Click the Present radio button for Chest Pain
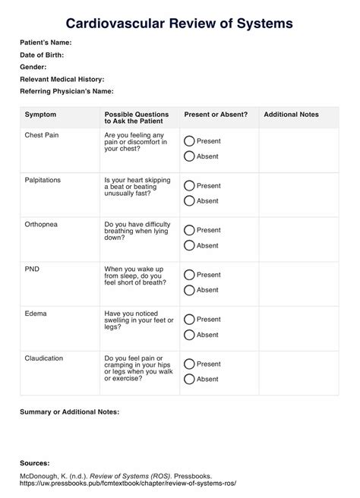click(189, 141)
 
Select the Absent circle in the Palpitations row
click(189, 201)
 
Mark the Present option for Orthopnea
click(189, 230)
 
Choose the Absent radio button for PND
click(189, 290)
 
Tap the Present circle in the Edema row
click(189, 320)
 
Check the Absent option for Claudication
click(189, 379)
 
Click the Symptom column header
click(40, 114)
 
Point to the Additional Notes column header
click(291, 114)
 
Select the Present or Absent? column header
click(216, 114)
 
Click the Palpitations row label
click(43, 180)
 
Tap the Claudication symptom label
click(44, 358)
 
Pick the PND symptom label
click(33, 269)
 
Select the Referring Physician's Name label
click(67, 91)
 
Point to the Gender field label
click(33, 67)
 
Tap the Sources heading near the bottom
click(35, 462)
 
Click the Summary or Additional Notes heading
click(69, 411)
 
